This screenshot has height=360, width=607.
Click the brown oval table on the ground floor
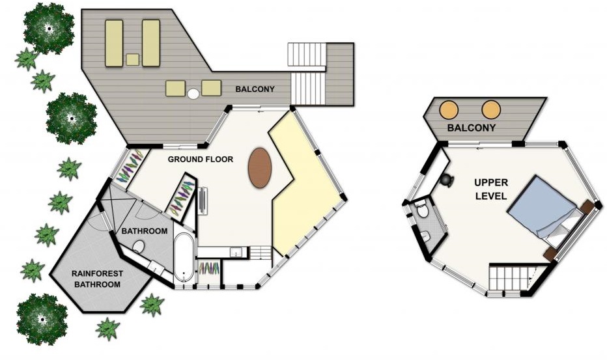coord(259,167)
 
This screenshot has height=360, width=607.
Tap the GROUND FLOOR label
coord(201,159)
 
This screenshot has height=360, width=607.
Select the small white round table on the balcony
coord(193,93)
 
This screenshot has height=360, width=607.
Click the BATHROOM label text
coord(145,231)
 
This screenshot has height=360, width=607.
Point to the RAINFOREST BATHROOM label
coord(97,279)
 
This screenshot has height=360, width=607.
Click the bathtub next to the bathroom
coord(184,257)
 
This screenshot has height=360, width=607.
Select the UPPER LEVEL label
coord(491,189)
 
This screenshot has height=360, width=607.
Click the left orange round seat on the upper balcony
coord(449,109)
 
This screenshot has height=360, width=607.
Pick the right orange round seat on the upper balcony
coord(491,109)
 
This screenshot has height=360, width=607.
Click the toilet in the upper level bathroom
coord(422,210)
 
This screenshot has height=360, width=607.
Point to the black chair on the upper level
coord(446,180)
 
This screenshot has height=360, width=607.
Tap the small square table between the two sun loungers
coord(132,60)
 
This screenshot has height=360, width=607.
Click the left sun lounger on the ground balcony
coord(114,44)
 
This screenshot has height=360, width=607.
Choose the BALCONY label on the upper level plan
coord(471,128)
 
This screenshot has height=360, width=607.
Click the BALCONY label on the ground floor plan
coord(255,89)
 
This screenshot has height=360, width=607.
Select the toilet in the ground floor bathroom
coord(138,246)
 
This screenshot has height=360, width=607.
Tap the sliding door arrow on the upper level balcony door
coord(479,148)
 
